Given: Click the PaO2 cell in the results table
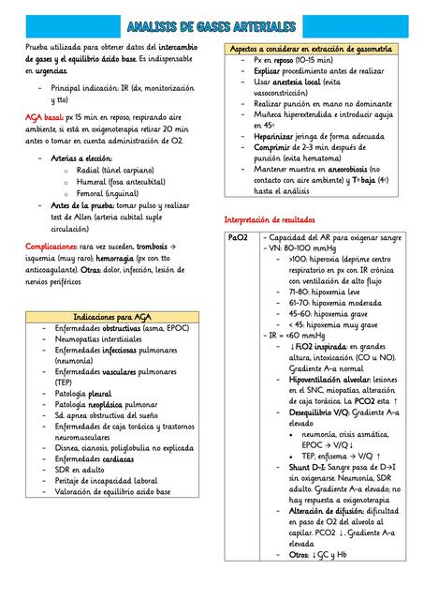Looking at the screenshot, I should (237, 239).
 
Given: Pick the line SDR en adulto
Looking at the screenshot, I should (80, 470).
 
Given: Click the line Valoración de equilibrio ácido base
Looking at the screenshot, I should (112, 491).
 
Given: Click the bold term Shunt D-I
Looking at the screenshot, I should (306, 466).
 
